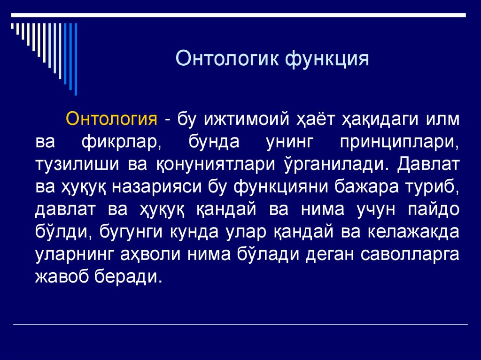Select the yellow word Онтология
click(x=111, y=119)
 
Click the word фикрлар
click(x=122, y=141)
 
